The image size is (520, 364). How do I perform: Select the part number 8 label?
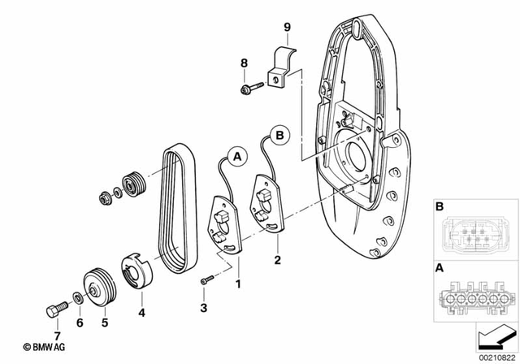click(x=242, y=63)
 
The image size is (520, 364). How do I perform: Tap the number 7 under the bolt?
click(x=58, y=334)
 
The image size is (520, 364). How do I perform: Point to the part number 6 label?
click(x=80, y=323)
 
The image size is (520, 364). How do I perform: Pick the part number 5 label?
click(x=104, y=322)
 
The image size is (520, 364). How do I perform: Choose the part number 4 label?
click(x=141, y=311)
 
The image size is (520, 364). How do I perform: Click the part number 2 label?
click(x=277, y=261)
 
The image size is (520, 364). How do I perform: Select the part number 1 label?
click(x=238, y=285)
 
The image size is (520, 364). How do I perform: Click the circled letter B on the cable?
click(x=277, y=133)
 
